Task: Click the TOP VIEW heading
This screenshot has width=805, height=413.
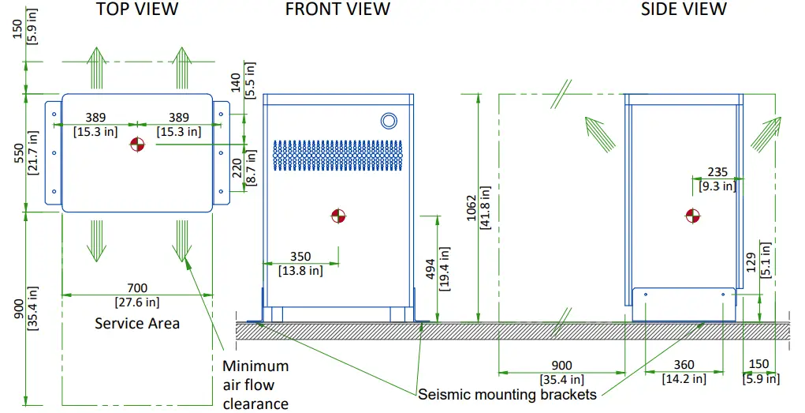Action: pos(137,9)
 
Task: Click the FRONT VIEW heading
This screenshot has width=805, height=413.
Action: pos(337,9)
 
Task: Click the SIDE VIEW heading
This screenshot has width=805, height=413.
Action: pos(684,9)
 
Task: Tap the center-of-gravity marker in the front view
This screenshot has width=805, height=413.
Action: pos(338,216)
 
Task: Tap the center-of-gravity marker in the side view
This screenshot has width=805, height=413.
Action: pos(692,216)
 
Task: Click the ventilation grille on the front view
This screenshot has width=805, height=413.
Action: pos(337,156)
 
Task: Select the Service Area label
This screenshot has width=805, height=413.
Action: pos(137,323)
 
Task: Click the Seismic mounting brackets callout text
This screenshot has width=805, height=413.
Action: pos(507,394)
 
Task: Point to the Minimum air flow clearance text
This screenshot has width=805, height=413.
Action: pos(255,385)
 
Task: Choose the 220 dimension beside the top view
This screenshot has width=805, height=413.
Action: pos(237,171)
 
